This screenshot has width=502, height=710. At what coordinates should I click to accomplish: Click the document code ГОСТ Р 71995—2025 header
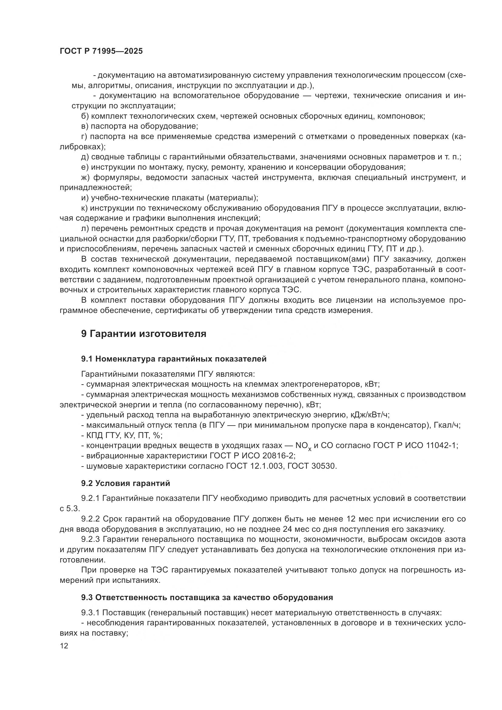click(101, 51)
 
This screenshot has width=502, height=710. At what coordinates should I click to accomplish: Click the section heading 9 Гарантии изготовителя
click(144, 334)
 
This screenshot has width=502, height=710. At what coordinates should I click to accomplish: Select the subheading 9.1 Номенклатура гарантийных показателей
click(174, 359)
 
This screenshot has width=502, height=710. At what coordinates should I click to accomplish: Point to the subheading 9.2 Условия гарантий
click(126, 483)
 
